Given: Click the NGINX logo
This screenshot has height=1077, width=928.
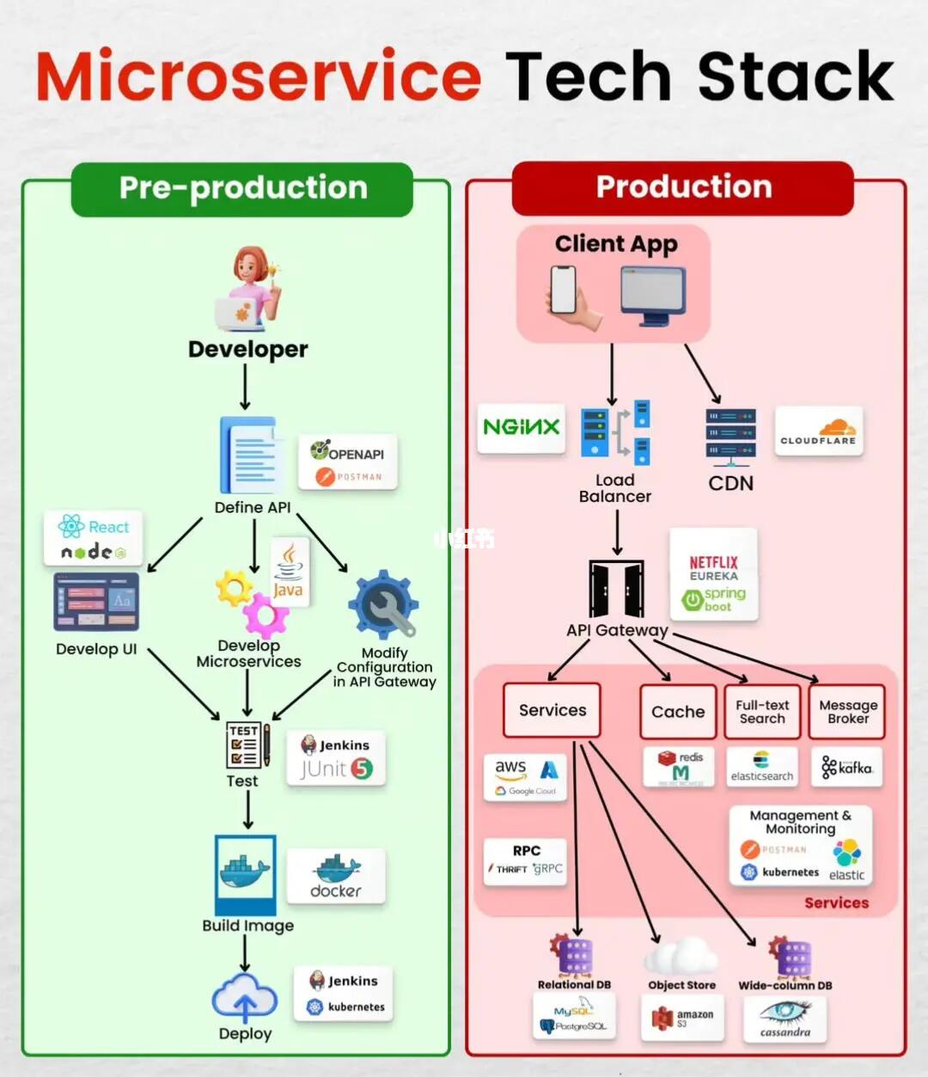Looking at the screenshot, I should tap(521, 427).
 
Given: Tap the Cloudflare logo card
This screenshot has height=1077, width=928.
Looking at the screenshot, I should tap(818, 431).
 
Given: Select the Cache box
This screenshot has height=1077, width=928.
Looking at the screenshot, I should tap(677, 712).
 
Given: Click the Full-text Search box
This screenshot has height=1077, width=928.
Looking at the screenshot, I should tap(762, 712).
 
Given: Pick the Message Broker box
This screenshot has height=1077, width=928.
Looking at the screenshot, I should tap(847, 712).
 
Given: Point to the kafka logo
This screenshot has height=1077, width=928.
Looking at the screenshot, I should tap(846, 768).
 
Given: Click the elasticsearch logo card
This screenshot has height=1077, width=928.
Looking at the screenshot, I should tap(761, 767).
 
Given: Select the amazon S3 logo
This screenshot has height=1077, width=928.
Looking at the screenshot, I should tap(683, 1019).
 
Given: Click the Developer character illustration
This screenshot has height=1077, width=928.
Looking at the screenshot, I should tap(248, 290).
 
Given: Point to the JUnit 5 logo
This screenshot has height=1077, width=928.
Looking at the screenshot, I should tap(336, 769).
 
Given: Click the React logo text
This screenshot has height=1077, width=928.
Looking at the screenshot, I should tap(107, 527).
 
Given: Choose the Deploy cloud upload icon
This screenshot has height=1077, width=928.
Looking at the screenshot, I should tap(245, 999).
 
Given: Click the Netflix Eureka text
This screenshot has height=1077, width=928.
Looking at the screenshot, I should tap(713, 568).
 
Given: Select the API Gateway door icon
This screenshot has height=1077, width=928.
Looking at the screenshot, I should tap(616, 589).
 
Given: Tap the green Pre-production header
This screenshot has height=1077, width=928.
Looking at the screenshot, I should tap(242, 188).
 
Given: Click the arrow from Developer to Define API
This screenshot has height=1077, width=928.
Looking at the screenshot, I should tap(245, 387).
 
